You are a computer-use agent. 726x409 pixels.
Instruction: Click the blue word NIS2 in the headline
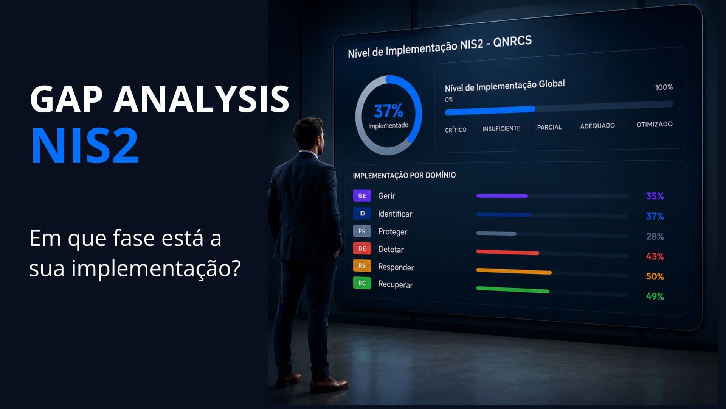coord(85,146)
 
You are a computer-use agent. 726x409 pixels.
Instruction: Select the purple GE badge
coord(362,196)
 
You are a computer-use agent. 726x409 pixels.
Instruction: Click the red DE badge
coord(362,248)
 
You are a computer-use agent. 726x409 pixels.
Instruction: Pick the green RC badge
coord(362,283)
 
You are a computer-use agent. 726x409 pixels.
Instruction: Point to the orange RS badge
coord(362,265)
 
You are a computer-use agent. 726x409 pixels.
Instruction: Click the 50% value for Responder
coord(655,276)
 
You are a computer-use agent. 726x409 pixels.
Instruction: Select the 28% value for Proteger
coord(655,236)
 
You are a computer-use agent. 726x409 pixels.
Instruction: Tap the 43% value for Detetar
coord(655,256)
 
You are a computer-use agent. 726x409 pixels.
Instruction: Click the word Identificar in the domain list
coord(395,214)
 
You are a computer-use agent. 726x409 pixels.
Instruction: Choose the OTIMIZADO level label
coord(654,124)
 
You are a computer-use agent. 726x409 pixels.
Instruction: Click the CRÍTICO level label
coord(456,130)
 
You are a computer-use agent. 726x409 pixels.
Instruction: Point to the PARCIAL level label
coord(549,127)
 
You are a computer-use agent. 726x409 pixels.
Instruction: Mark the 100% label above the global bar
coord(664,87)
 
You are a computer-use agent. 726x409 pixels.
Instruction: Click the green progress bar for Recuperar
coord(513,290)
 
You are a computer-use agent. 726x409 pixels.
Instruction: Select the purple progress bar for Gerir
coord(502,196)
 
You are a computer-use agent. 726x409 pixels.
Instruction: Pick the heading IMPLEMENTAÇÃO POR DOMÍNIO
coord(404,175)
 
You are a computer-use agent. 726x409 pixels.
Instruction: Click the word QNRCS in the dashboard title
coord(512,42)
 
